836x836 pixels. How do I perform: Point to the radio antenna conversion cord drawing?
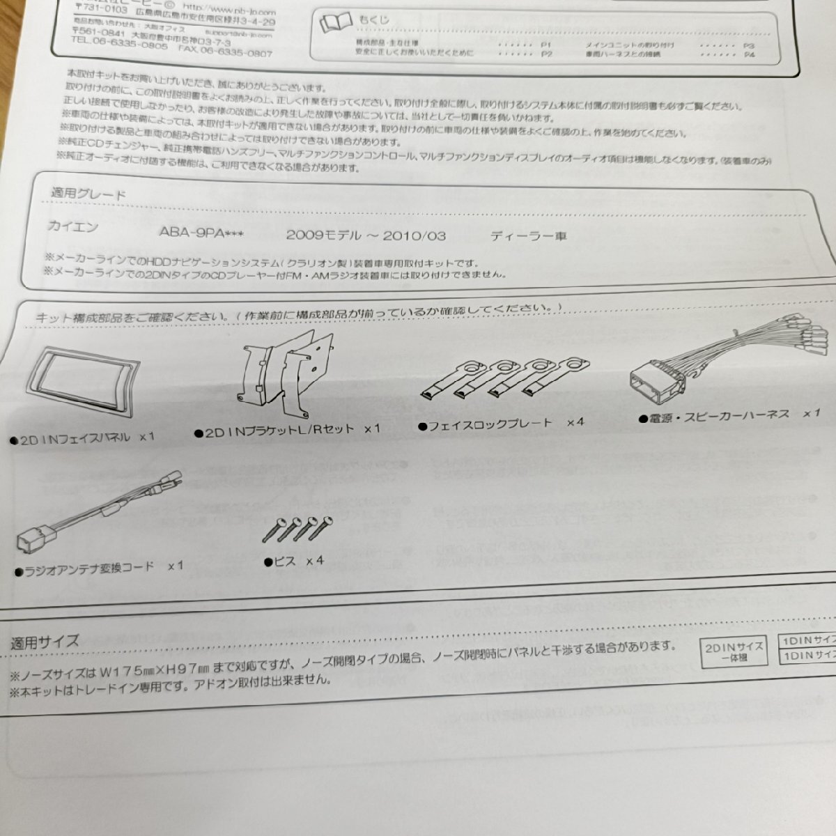coord(98,512)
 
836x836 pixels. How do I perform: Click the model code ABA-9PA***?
coord(201,233)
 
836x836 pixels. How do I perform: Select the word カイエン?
coord(73,226)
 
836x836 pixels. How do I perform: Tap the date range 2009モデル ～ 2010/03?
coord(366,235)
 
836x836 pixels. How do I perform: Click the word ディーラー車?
coord(529,235)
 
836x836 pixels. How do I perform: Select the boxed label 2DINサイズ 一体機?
coord(734,651)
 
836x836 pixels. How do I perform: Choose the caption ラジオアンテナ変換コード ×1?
coord(99,568)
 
